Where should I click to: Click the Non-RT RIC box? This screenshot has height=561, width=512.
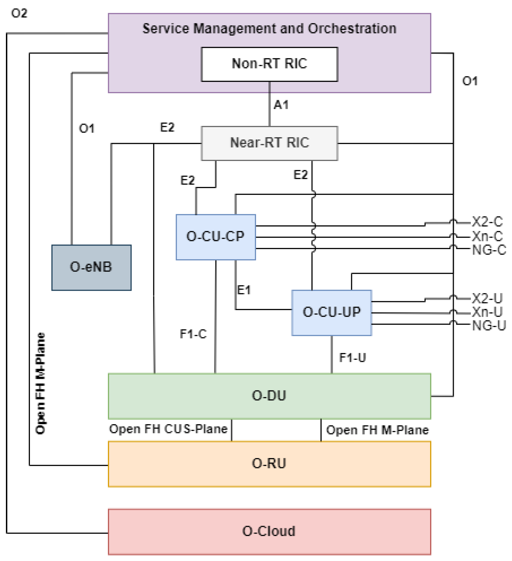(x=269, y=64)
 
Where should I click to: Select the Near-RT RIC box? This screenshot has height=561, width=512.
(x=269, y=143)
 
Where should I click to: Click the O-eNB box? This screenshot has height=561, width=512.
(x=91, y=267)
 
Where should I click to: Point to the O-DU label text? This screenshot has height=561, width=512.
(x=269, y=396)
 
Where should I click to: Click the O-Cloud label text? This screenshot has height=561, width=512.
(x=269, y=531)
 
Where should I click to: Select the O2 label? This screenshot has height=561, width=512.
(x=19, y=13)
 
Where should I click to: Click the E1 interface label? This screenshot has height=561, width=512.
(x=244, y=290)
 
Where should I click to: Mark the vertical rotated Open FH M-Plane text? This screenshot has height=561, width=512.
(x=41, y=383)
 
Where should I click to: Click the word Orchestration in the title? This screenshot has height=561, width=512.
(x=352, y=29)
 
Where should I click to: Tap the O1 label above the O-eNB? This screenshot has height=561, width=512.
(x=87, y=128)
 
